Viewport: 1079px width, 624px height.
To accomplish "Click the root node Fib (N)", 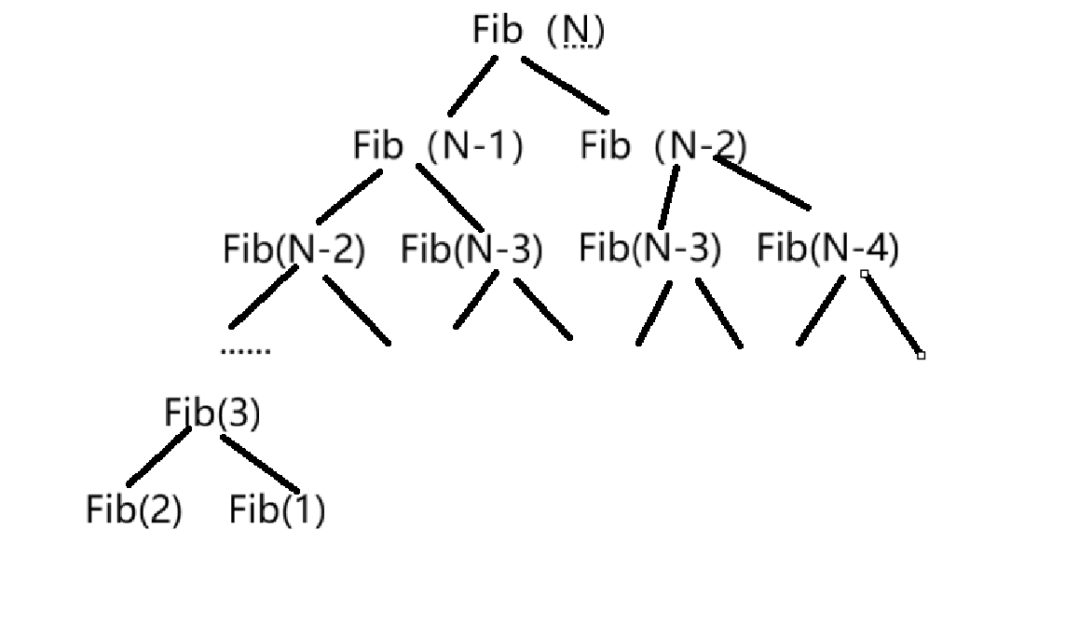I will tap(538, 31).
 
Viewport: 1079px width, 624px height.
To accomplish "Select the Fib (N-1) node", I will tap(437, 145).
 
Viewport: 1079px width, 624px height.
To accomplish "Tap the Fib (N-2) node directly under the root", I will tap(662, 145).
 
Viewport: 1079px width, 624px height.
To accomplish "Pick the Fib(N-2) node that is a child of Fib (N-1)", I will tap(294, 250).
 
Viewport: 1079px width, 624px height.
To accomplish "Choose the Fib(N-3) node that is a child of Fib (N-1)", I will tap(471, 250).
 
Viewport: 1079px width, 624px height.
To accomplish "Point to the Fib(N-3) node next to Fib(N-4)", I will tap(649, 249).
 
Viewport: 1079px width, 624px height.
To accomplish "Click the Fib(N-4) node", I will tap(827, 249).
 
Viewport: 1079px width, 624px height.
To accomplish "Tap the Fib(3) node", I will tap(212, 413).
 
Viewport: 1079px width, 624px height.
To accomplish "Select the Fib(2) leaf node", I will tap(133, 509).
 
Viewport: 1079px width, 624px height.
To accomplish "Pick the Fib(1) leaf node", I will tap(277, 509).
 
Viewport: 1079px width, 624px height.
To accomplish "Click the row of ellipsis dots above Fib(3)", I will tap(245, 351).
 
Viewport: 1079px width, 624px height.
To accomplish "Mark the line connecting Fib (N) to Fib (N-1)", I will tap(472, 85).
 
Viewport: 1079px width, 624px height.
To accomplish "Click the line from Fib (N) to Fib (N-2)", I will tap(565, 86).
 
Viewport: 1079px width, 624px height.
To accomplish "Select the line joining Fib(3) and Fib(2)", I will tap(158, 456).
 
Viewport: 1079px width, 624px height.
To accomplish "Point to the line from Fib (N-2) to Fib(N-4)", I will tap(762, 183).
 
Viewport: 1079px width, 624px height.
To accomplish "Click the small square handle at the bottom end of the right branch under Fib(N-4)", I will tap(921, 355).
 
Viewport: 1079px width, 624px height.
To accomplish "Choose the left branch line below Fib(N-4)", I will tap(821, 311).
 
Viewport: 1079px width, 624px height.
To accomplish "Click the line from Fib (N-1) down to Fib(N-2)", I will tap(348, 197).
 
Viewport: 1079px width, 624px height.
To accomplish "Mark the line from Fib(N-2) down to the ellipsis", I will tap(264, 296).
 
